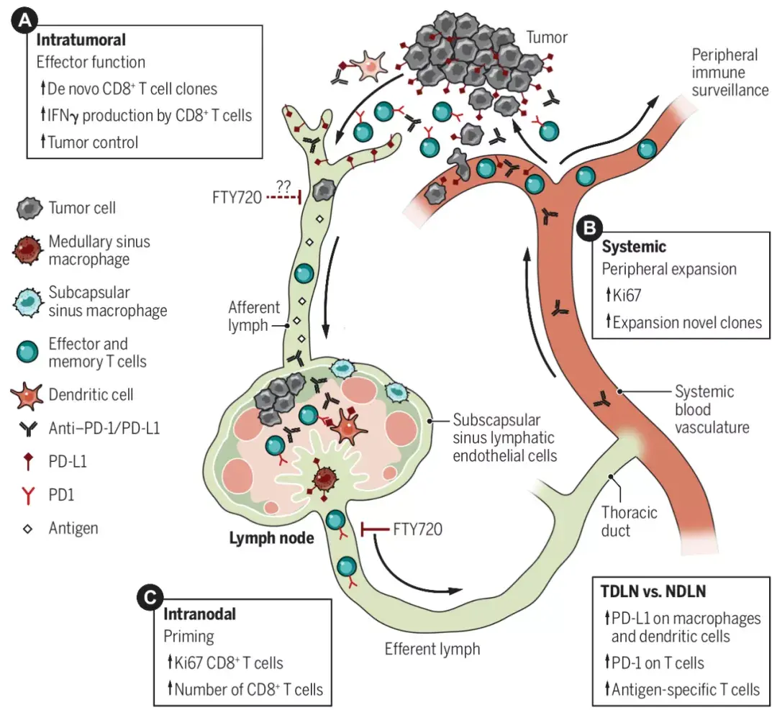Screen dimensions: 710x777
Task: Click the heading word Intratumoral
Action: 81,40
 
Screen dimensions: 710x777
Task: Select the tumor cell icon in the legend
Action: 28,209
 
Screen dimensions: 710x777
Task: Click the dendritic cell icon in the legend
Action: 28,395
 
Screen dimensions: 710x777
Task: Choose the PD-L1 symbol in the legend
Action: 28,463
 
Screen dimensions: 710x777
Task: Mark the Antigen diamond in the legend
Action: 28,528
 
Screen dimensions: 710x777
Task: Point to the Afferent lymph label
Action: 253,316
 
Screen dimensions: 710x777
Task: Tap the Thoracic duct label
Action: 630,522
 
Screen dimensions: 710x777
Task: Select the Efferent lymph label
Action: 432,648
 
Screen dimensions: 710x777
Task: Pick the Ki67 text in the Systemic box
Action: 630,296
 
